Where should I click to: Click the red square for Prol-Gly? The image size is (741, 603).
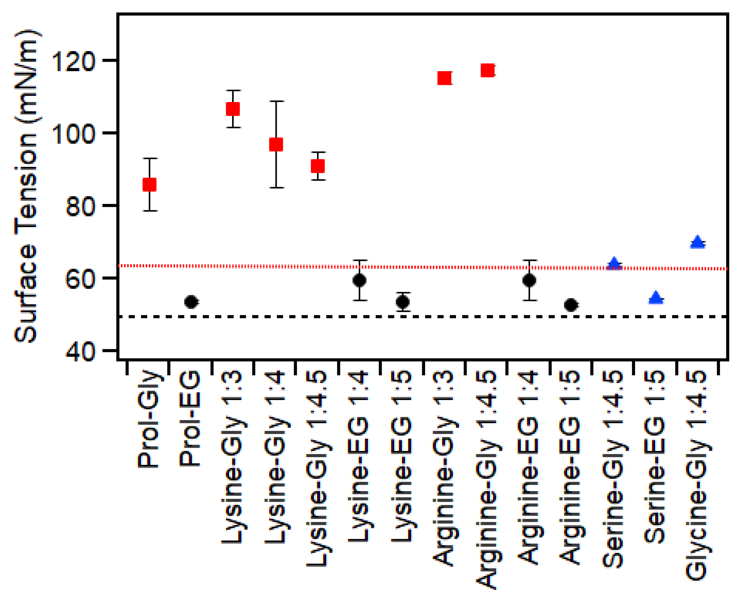pyautogui.click(x=149, y=184)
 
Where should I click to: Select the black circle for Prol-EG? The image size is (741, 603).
pyautogui.click(x=191, y=302)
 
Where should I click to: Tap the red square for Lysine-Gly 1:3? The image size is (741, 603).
pyautogui.click(x=233, y=109)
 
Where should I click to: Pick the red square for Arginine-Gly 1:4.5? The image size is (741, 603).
pyautogui.click(x=487, y=70)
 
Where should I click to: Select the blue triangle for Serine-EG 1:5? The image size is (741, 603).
pyautogui.click(x=656, y=298)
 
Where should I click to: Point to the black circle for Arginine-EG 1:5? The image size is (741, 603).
pyautogui.click(x=571, y=305)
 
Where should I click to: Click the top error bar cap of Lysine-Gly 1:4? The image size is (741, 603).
pyautogui.click(x=276, y=102)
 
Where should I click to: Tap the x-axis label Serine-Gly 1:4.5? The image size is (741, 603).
pyautogui.click(x=613, y=469)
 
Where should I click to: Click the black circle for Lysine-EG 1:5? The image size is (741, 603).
pyautogui.click(x=403, y=302)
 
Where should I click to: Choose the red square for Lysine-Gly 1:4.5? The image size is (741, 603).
pyautogui.click(x=318, y=166)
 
